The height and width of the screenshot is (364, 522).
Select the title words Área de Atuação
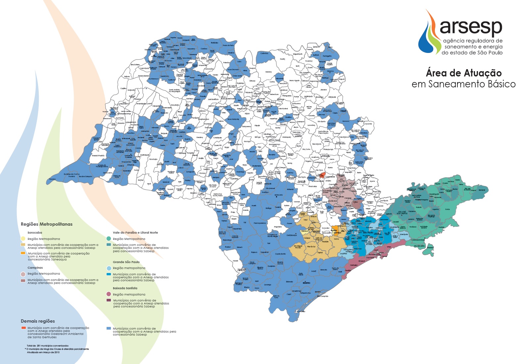[x=463, y=73]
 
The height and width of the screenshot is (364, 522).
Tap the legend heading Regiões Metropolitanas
[x=47, y=224]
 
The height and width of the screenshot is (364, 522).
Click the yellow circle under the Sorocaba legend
[x=23, y=239]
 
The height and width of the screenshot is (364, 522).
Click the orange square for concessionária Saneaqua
[x=23, y=253]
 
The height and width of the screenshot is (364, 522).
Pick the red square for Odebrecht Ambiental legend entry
[x=23, y=328]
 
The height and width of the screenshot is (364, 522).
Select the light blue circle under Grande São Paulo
[x=108, y=268]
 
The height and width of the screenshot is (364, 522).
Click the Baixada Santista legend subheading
[x=125, y=288]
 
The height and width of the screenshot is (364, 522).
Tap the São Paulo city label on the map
[x=368, y=233]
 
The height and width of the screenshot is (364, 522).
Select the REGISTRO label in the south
[x=307, y=283]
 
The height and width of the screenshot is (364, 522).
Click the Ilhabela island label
[x=430, y=247]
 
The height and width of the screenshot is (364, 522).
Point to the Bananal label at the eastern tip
[x=482, y=190]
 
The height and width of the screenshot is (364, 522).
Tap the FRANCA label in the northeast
[x=330, y=71]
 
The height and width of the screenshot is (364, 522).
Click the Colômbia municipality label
[x=264, y=53]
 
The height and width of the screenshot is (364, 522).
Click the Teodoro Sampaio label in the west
[x=85, y=176]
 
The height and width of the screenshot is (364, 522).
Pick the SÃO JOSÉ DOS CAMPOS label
[x=402, y=213]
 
